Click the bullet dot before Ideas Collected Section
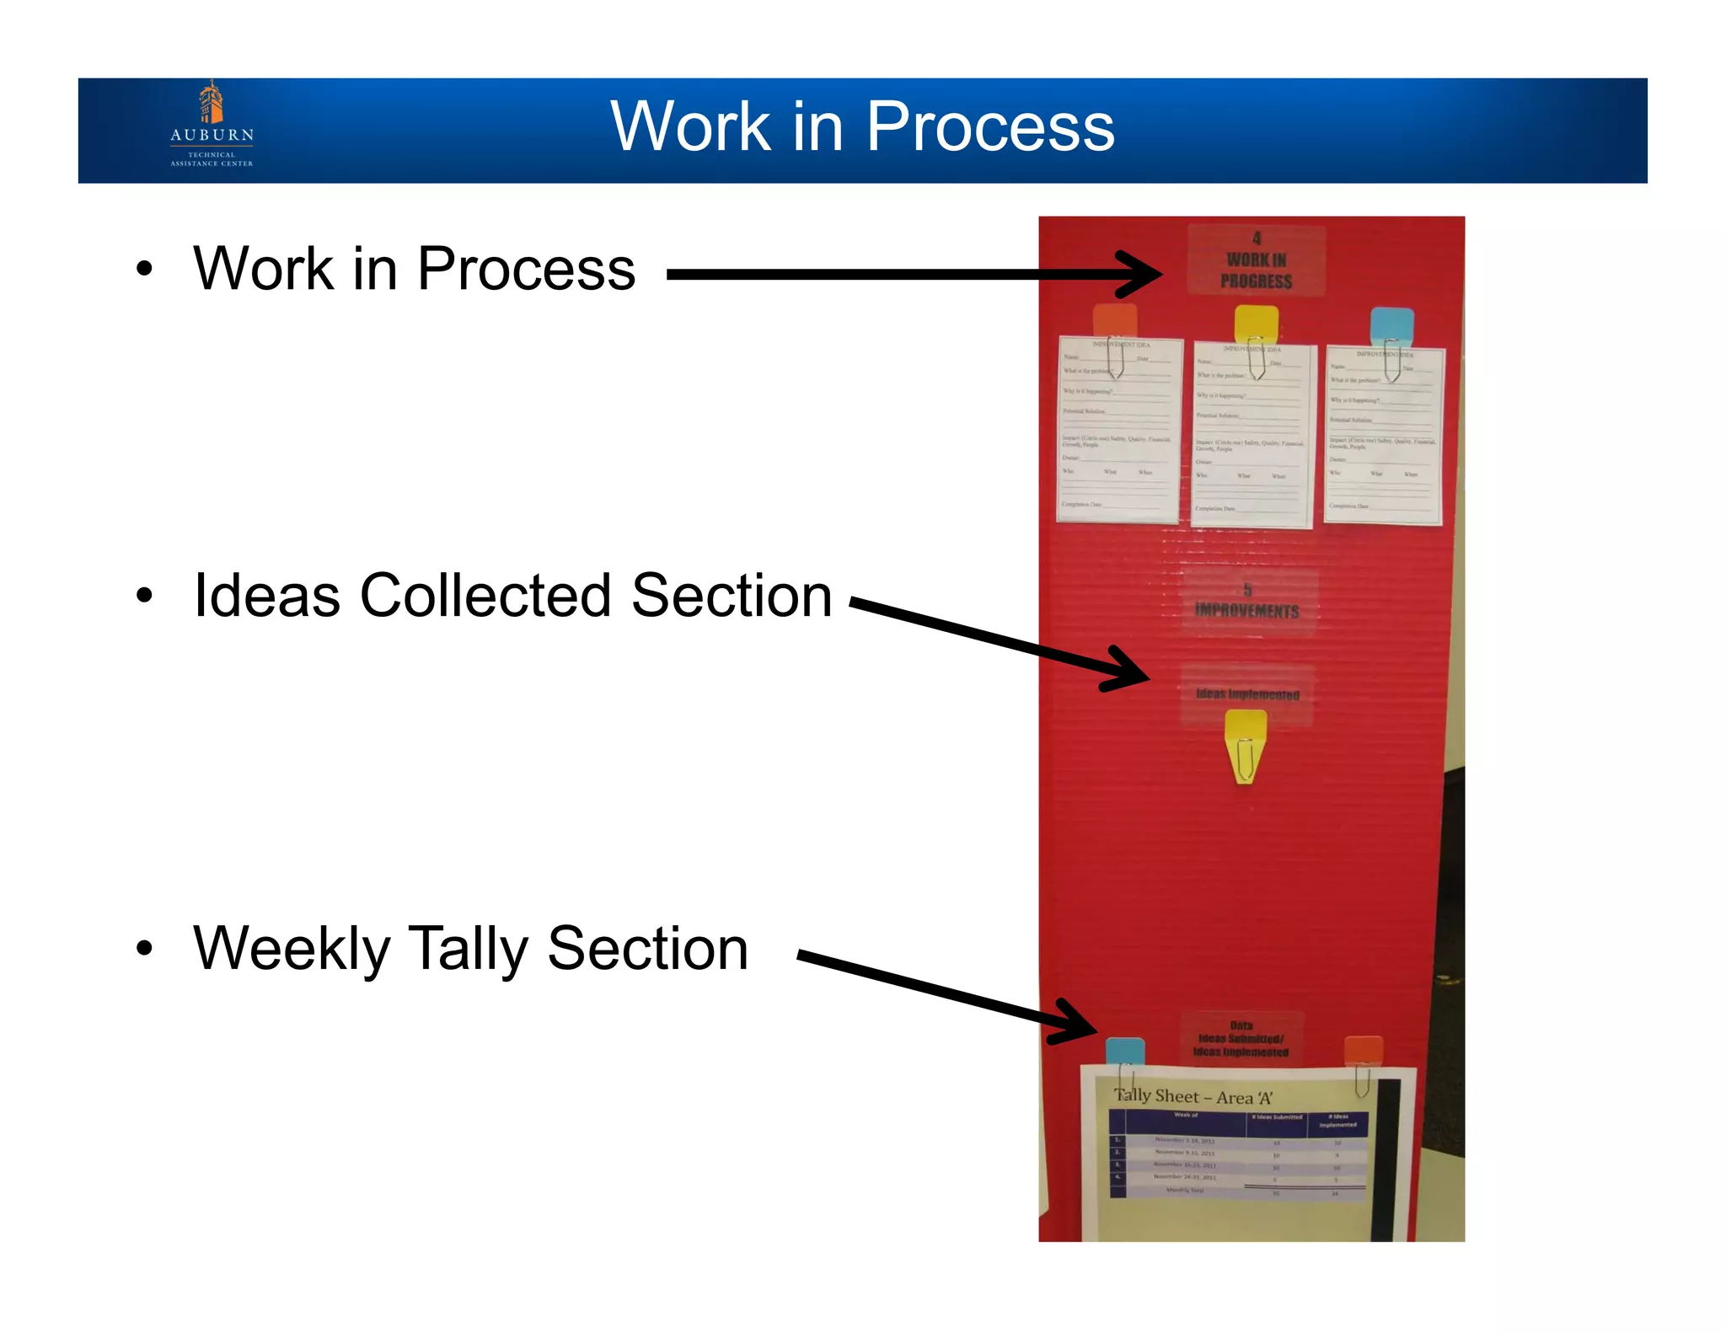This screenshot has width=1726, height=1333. coord(145,596)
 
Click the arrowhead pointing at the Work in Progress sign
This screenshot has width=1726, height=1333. coord(1142,274)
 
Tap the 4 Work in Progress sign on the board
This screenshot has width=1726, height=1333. coord(1256,260)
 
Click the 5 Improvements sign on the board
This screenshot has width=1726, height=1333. coord(1248,602)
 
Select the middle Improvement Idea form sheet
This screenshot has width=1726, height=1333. coord(1252,436)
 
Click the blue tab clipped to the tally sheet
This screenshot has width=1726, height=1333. coord(1124,1052)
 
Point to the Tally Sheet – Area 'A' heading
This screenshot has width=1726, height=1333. coord(1193,1097)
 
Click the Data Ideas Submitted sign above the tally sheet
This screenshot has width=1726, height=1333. coord(1241,1039)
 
